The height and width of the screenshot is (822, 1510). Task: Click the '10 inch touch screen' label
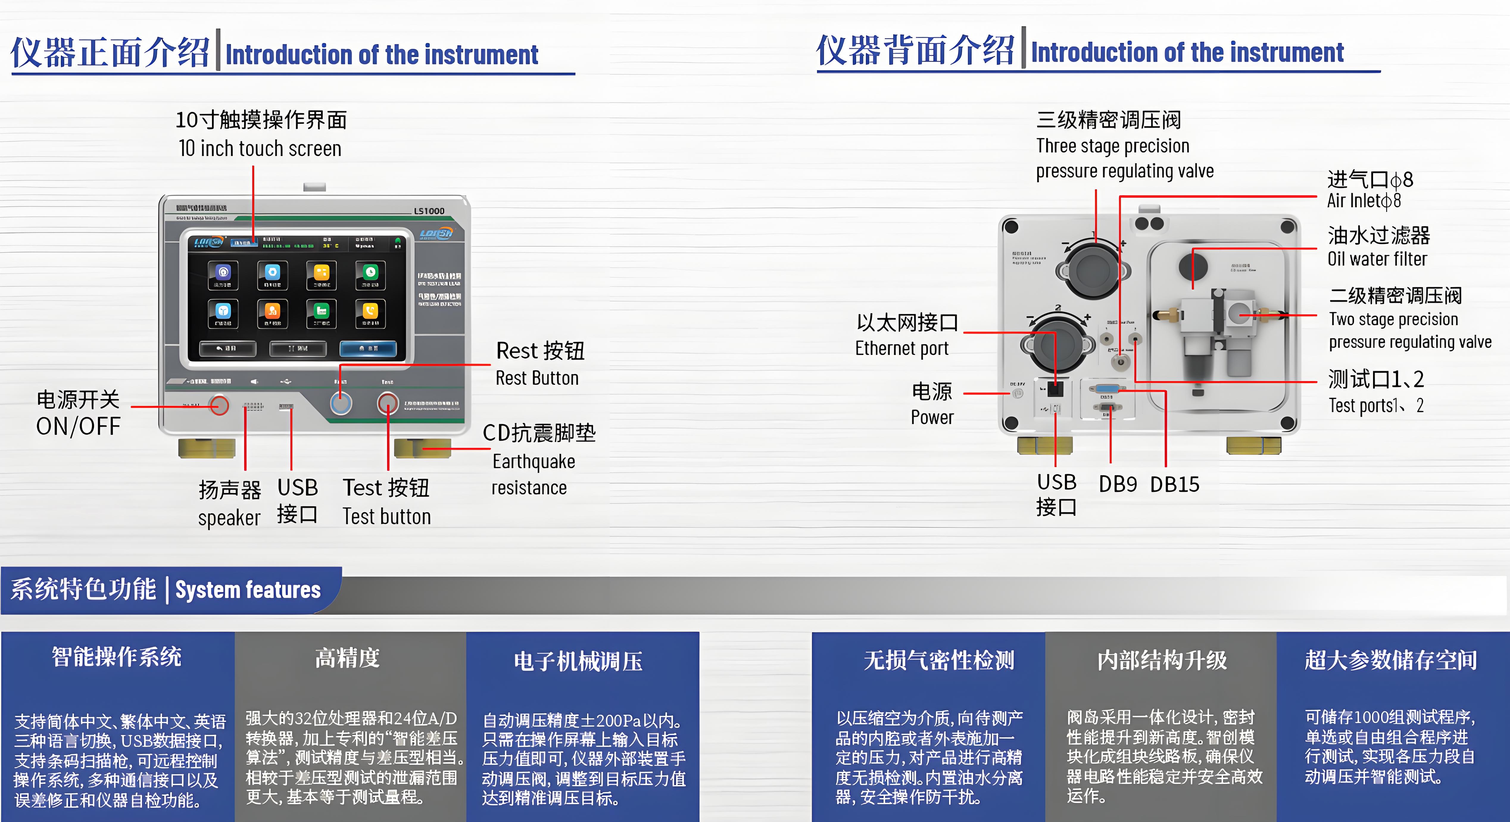pyautogui.click(x=260, y=149)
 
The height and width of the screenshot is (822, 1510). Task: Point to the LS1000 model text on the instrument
pyautogui.click(x=429, y=211)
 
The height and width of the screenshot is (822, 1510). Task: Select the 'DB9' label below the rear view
pyautogui.click(x=1117, y=484)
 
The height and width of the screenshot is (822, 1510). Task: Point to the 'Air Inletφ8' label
pyautogui.click(x=1364, y=200)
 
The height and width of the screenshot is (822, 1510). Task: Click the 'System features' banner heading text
pyautogui.click(x=248, y=590)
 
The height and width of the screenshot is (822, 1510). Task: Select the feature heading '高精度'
pyautogui.click(x=348, y=658)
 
